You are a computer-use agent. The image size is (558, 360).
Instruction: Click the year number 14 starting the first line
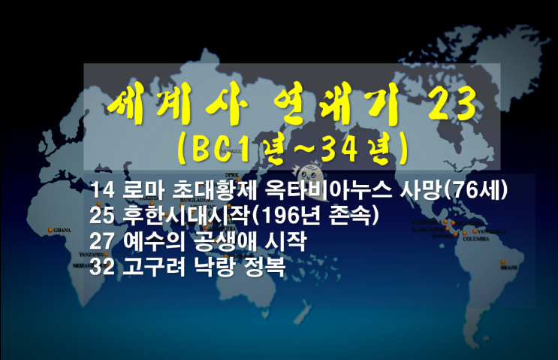click(99, 188)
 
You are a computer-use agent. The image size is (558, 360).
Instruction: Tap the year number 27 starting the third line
click(99, 241)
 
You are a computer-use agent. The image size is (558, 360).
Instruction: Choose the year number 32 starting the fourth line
click(99, 267)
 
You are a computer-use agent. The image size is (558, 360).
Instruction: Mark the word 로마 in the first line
click(140, 188)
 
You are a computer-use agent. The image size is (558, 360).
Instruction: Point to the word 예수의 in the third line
click(148, 241)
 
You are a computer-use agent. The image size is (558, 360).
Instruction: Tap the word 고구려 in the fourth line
click(148, 267)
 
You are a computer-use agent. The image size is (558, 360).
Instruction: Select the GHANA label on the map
click(62, 230)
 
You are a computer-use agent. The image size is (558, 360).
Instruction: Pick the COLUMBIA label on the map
click(475, 241)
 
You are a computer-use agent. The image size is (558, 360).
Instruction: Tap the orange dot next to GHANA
click(50, 229)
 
